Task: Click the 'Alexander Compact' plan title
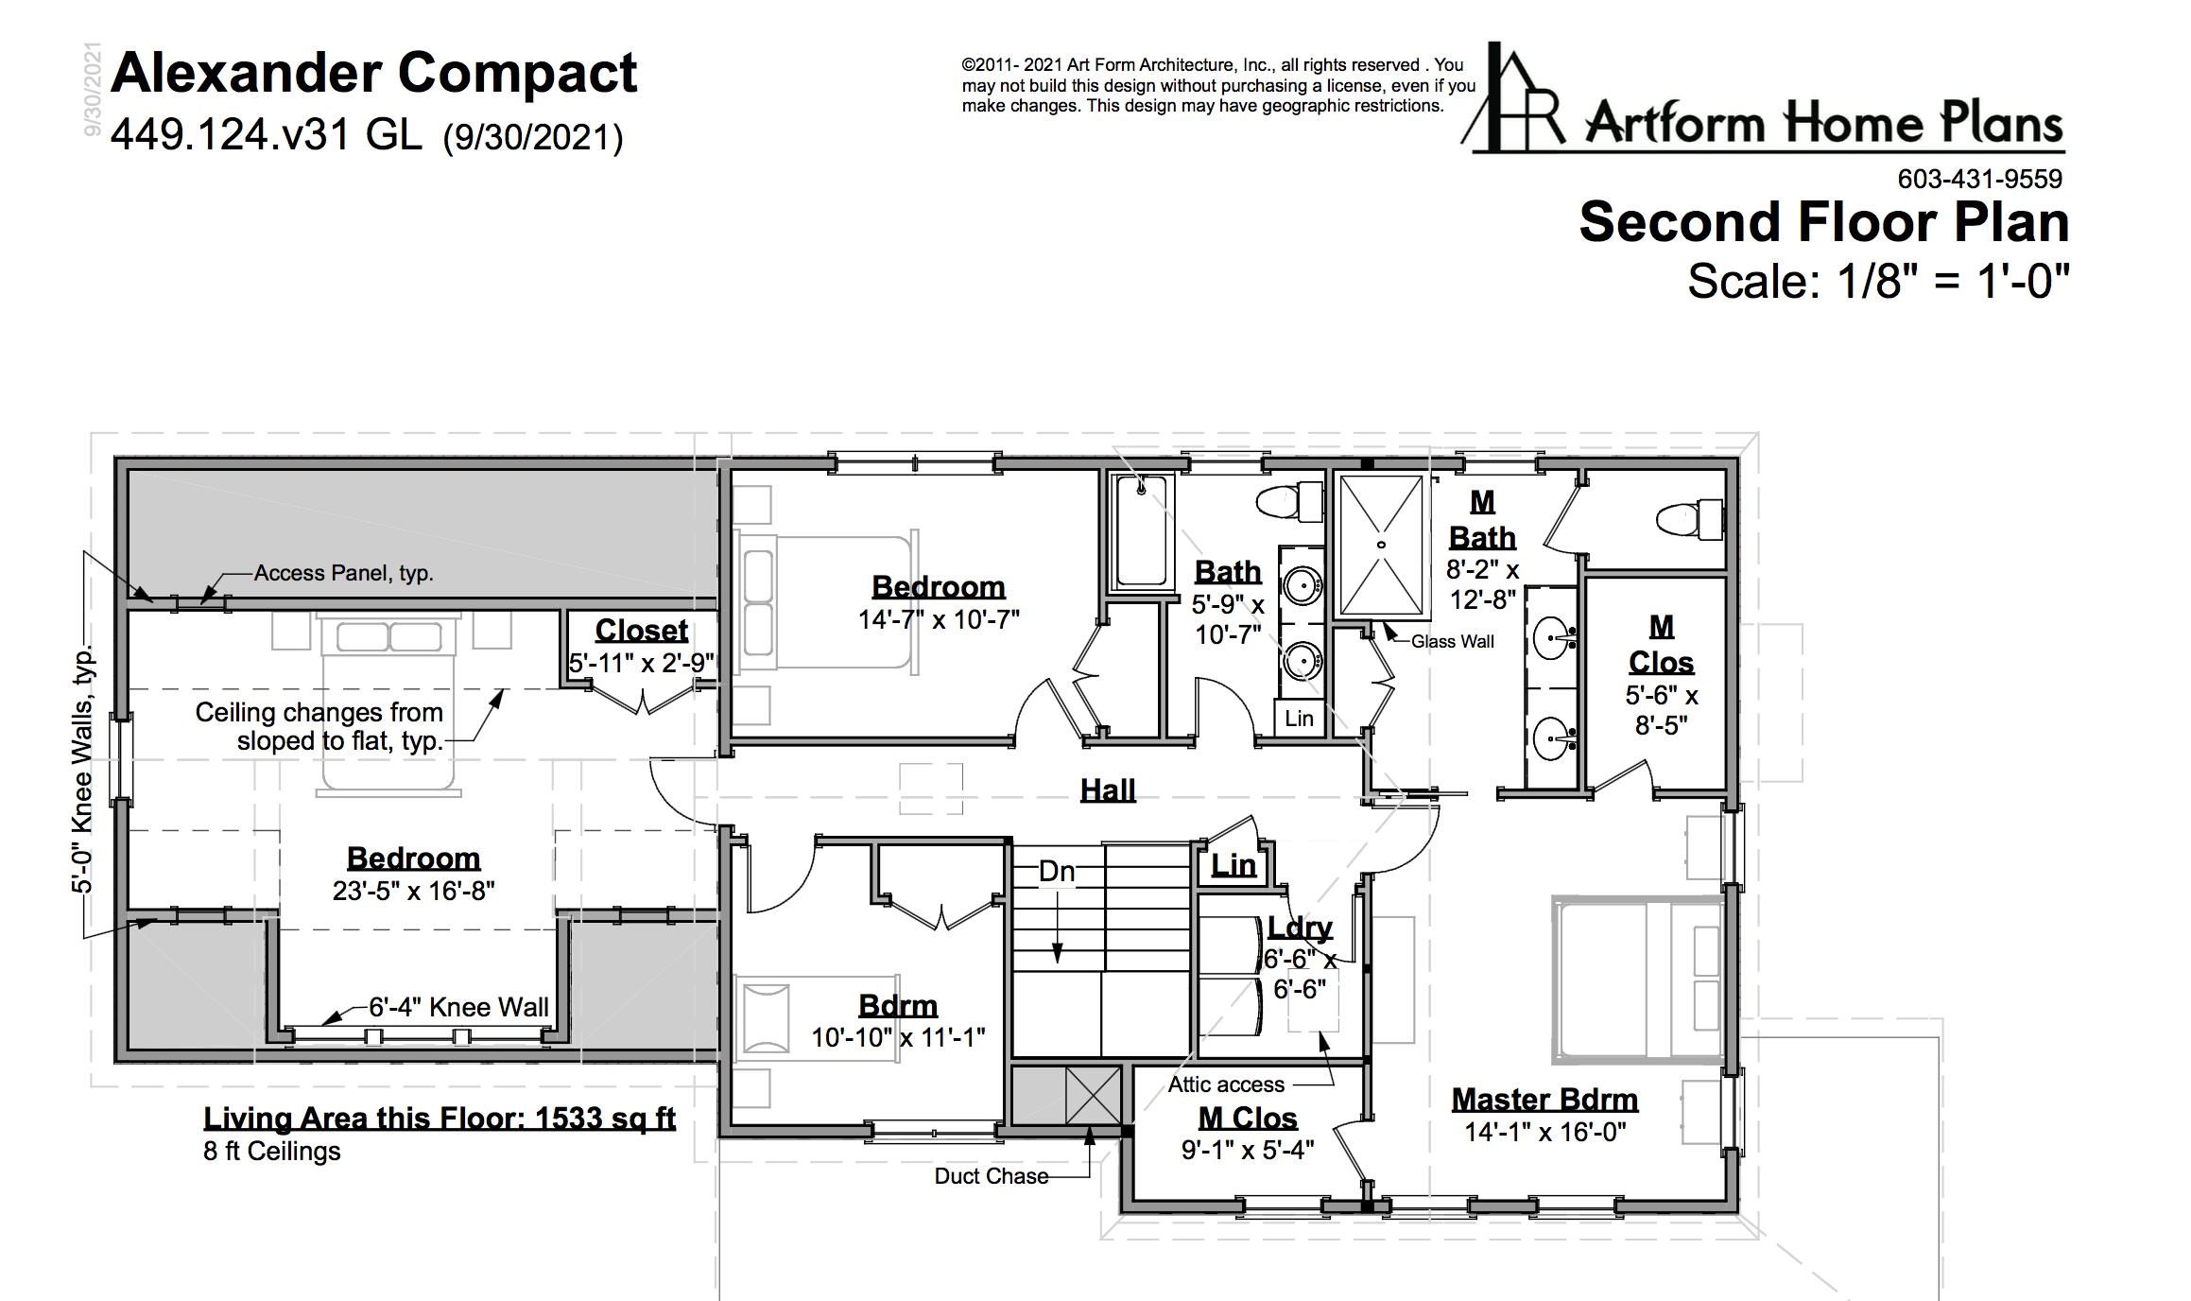tap(374, 74)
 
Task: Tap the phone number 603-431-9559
tap(1979, 179)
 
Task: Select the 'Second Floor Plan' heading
tap(1823, 222)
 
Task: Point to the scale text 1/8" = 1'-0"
tap(1954, 281)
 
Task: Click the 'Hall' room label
tap(1108, 789)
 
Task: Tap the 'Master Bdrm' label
tap(1544, 1100)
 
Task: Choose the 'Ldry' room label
tap(1300, 928)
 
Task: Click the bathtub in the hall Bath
tap(1141, 532)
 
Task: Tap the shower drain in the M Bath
tap(1382, 546)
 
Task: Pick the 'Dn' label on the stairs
tap(1057, 871)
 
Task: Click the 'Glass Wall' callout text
tap(1452, 642)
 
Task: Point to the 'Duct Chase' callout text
tap(992, 1176)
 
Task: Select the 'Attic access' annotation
tap(1226, 1084)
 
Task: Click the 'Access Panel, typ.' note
tap(344, 573)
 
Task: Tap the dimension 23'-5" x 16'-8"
tap(414, 891)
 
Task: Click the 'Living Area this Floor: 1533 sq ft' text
tap(440, 1119)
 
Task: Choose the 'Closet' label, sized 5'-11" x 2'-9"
tap(642, 631)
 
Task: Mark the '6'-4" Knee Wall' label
tap(458, 1007)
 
